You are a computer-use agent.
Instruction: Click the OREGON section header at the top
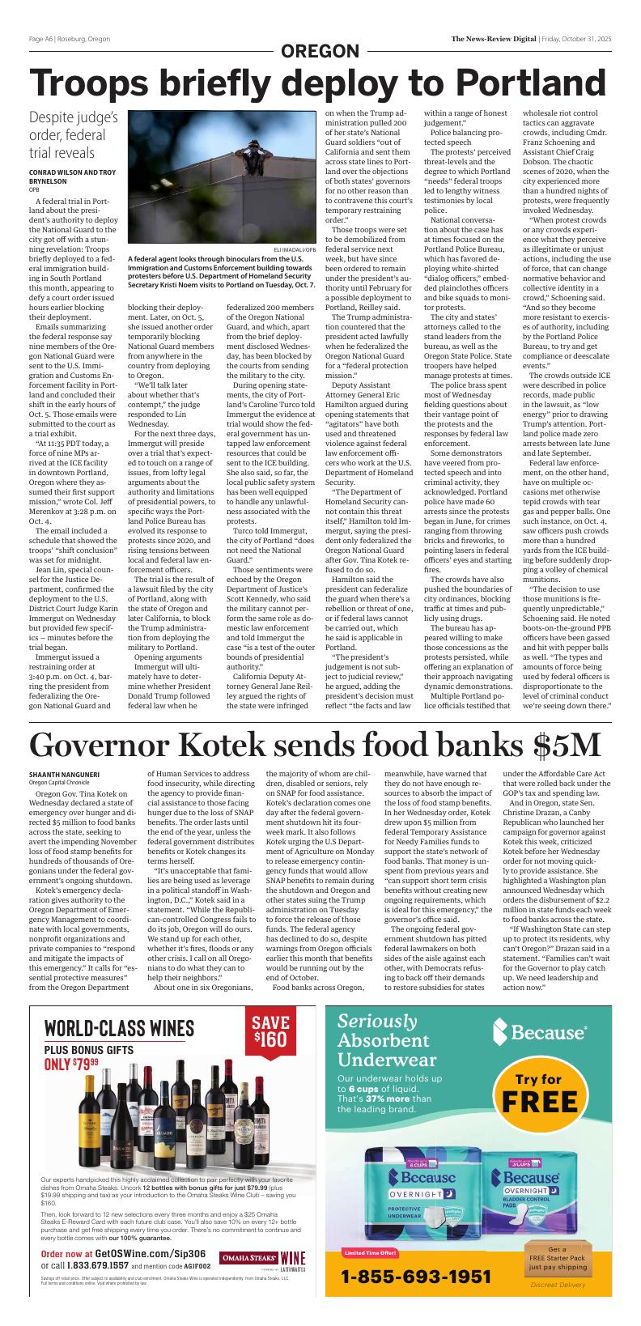[x=320, y=52]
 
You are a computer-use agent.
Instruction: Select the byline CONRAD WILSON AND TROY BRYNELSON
[x=72, y=176]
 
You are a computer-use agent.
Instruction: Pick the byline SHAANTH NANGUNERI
[x=64, y=775]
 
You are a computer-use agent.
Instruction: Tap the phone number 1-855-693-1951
[x=416, y=1277]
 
